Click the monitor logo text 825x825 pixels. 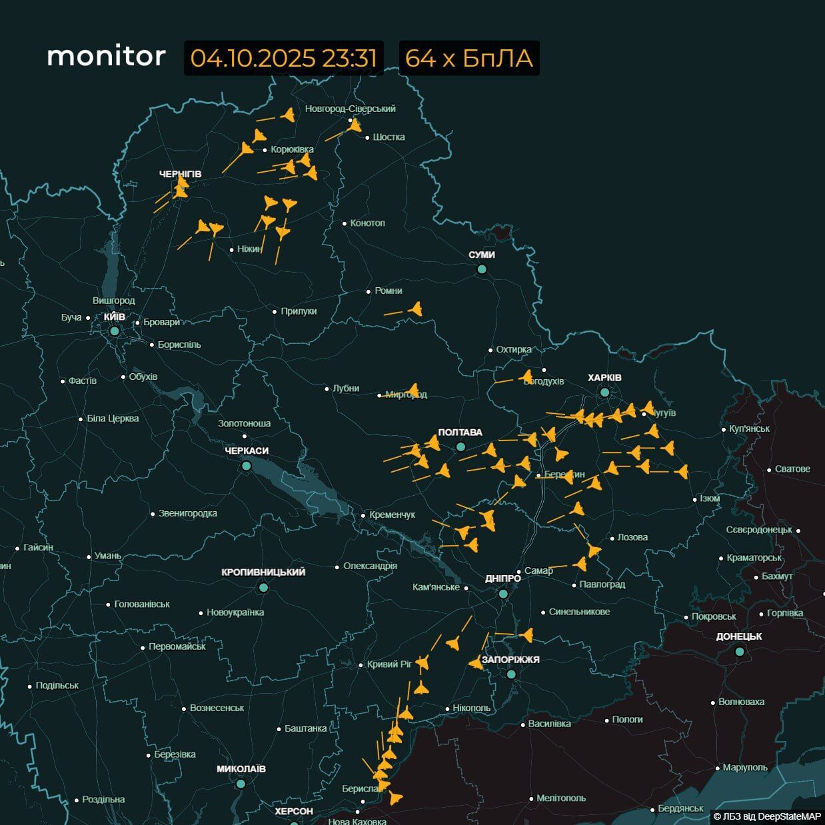pos(106,56)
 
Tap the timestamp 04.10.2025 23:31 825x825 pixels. pos(284,58)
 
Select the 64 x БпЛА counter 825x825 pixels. pos(469,58)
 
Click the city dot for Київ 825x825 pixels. pos(115,331)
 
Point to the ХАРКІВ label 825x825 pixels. pos(604,378)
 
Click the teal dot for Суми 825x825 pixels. pos(482,269)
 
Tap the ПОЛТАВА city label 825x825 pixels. pos(460,432)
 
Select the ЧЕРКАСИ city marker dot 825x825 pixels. pos(246,466)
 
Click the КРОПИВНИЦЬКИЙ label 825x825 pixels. pos(263,572)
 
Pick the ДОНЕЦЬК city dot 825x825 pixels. pos(739,652)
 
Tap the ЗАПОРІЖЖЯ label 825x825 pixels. pos(510,660)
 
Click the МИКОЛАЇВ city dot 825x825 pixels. pos(241,784)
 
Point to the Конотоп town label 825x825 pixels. pos(367,223)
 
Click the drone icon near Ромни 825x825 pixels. pos(416,309)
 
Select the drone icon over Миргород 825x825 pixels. pos(413,391)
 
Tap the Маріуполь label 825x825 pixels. pos(745,768)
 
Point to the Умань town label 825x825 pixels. pos(108,556)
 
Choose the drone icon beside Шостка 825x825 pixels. pos(355,125)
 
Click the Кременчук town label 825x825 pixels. pos(393,515)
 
